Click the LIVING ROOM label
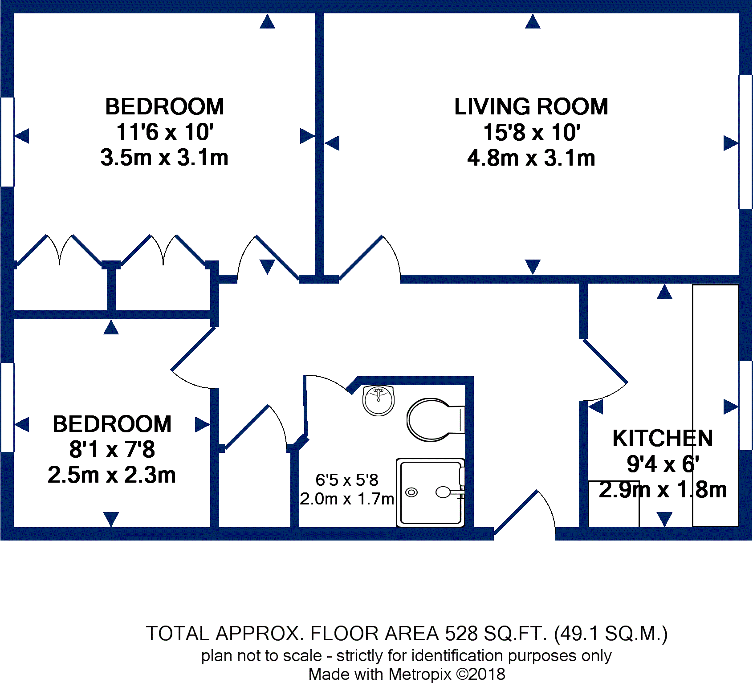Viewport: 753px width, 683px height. (x=531, y=107)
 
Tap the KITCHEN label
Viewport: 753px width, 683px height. (x=662, y=438)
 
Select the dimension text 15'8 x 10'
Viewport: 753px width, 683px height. (x=532, y=133)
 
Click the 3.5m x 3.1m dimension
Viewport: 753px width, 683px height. (x=164, y=158)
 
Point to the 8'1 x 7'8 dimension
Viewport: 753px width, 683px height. (x=112, y=449)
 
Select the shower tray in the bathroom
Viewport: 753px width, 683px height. (x=430, y=493)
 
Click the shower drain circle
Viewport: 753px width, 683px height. (x=412, y=492)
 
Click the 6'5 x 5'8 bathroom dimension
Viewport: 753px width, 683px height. (x=347, y=480)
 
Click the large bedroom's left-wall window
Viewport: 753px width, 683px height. (x=8, y=142)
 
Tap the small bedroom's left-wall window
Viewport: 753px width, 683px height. (x=8, y=407)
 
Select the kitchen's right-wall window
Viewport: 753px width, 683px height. (x=745, y=405)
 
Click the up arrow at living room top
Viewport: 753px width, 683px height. (x=533, y=22)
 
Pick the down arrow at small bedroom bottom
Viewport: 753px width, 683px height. (x=111, y=519)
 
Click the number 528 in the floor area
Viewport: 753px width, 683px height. (x=461, y=634)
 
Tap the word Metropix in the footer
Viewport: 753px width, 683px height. (x=420, y=674)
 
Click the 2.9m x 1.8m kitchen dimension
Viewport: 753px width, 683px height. (x=663, y=490)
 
